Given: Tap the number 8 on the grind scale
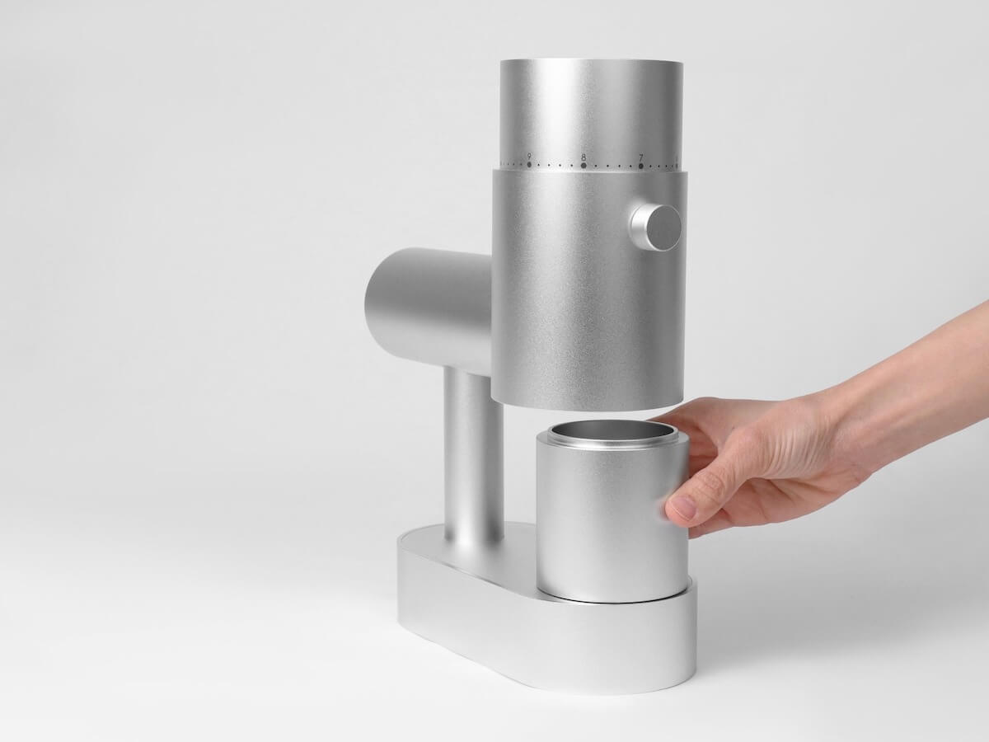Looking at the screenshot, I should tap(584, 156).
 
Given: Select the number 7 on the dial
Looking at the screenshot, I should tap(640, 157).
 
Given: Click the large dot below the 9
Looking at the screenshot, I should tap(528, 164).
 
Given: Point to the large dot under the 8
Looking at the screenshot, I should tap(584, 166).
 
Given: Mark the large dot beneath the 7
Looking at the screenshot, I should tap(640, 167).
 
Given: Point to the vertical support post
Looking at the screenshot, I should tap(473, 453).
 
